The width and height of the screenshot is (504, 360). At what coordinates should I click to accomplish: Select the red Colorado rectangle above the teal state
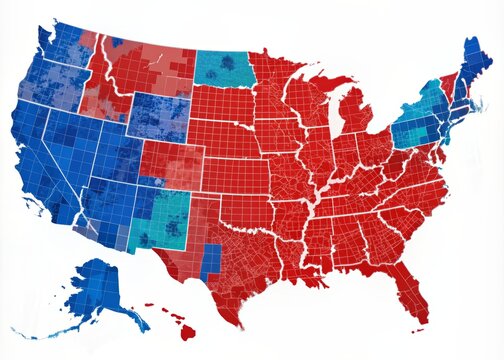pos(171,164)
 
